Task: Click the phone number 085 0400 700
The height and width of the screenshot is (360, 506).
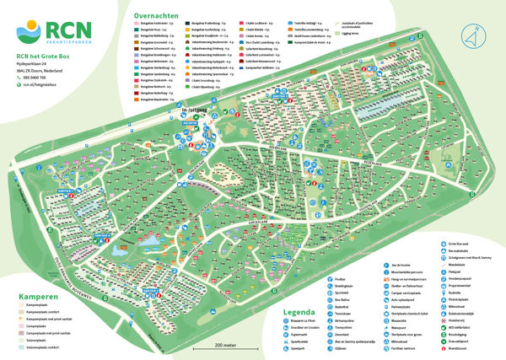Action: tap(38, 78)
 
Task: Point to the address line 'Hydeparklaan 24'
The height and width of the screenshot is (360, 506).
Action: tap(39, 62)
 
